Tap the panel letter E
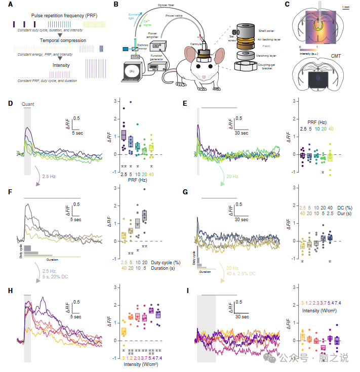tap(185, 103)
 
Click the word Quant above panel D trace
tap(28, 105)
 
